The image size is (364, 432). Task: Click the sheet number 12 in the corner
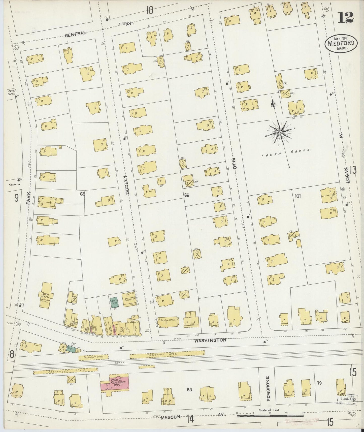346,17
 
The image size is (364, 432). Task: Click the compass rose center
280,132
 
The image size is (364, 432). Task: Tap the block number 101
297,196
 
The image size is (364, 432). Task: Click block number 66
187,195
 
